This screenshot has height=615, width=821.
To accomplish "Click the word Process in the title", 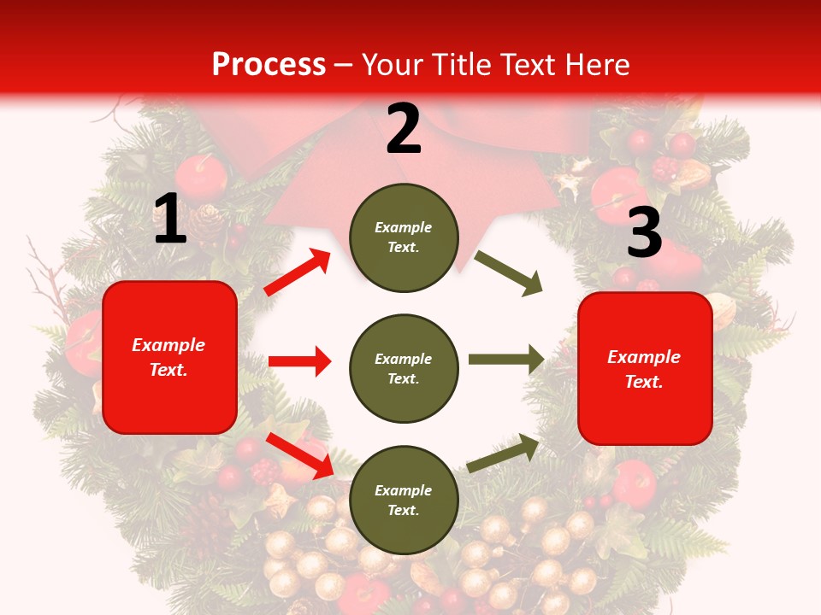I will pos(269,64).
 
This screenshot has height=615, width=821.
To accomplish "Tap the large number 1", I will pos(170,220).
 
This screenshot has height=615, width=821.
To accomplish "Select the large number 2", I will pos(404,129).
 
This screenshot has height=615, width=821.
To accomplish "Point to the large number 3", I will pos(644,232).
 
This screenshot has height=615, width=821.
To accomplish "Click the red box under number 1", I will pos(169,357).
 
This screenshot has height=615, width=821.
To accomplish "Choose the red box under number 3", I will pos(645,368).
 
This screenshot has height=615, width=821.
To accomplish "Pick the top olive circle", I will pos(404,237).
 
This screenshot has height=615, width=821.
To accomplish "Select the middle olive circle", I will pos(404,368).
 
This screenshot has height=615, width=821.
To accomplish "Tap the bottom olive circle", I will pos(404,500).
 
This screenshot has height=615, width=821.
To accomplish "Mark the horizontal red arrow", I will pos(299,361).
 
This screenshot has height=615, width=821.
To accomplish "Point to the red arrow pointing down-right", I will pos(299,455).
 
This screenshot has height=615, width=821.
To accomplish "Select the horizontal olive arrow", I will pos(506,360).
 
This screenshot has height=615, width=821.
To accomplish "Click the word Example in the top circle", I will pos(404,227).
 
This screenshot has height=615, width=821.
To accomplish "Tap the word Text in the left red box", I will pos(168,371).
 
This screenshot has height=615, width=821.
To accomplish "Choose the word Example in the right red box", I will pos(644,357).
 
